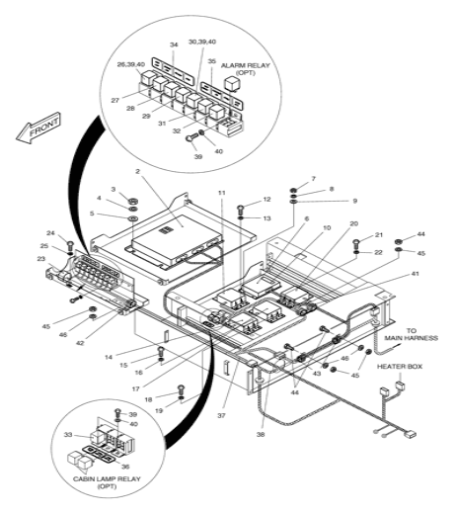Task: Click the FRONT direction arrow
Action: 38,129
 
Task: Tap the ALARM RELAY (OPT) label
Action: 246,69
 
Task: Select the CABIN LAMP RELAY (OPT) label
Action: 107,482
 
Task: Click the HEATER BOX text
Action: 400,367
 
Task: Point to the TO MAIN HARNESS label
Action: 412,334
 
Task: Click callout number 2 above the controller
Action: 137,171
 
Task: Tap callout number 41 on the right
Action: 416,274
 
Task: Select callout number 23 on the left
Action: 41,259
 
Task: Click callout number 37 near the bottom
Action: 221,415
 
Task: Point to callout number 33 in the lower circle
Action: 68,435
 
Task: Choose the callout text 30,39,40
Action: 202,42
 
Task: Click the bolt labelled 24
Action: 70,245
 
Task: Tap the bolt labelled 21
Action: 356,244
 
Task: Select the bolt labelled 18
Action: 181,389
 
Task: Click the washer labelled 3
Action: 133,201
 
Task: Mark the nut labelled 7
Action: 293,190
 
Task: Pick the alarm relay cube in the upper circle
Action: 231,83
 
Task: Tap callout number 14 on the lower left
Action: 109,357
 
